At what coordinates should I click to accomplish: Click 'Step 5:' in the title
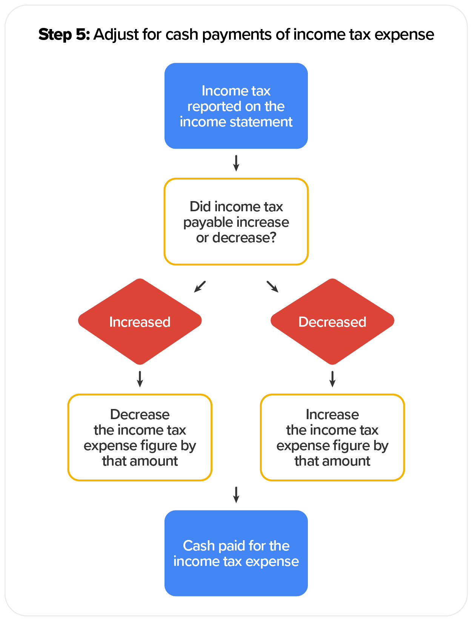pos(64,35)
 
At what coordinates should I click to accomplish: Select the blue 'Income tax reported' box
pos(236,106)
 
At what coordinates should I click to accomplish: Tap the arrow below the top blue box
pos(236,163)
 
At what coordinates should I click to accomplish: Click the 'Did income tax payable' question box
pos(236,222)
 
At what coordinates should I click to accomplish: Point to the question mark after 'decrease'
pos(273,238)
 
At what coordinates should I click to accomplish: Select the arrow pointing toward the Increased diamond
pos(200,287)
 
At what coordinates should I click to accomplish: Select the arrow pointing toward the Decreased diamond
pos(272,287)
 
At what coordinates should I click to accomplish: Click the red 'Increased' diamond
pos(140,321)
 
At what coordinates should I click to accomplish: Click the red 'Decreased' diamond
pos(332,321)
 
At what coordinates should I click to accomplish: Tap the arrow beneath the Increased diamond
pos(140,379)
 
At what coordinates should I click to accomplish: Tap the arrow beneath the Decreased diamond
pos(332,379)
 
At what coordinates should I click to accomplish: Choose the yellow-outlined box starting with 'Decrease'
pos(140,438)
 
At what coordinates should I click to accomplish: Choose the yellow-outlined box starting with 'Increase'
pos(332,438)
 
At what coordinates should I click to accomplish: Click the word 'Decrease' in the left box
pos(140,415)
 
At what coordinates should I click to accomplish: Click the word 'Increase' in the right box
pos(332,415)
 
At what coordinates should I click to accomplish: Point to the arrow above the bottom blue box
pos(236,495)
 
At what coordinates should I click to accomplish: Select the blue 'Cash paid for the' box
pos(236,553)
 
